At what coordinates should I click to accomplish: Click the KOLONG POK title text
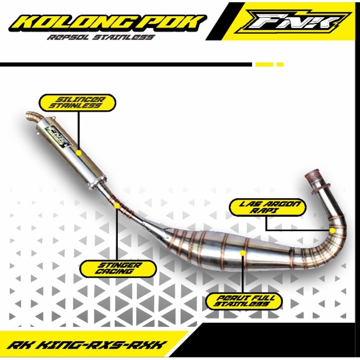pyautogui.click(x=108, y=23)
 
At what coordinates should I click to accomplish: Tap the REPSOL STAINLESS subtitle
pyautogui.click(x=101, y=37)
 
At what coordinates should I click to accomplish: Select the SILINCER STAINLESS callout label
pyautogui.click(x=77, y=103)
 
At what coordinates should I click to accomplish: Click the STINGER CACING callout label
pyautogui.click(x=118, y=268)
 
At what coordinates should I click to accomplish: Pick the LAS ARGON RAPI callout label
pyautogui.click(x=268, y=207)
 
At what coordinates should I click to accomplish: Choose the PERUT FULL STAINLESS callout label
pyautogui.click(x=244, y=301)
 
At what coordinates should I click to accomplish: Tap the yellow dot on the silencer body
pyautogui.click(x=78, y=153)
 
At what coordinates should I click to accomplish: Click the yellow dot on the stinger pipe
pyautogui.click(x=117, y=206)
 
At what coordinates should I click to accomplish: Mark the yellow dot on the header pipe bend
pyautogui.click(x=332, y=231)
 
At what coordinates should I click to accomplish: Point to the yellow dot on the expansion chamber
pyautogui.click(x=243, y=253)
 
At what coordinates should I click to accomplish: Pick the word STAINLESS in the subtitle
pyautogui.click(x=124, y=37)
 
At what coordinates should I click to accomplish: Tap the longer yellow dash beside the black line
pyautogui.click(x=265, y=64)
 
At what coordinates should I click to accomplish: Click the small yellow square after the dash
pyautogui.click(x=280, y=64)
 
